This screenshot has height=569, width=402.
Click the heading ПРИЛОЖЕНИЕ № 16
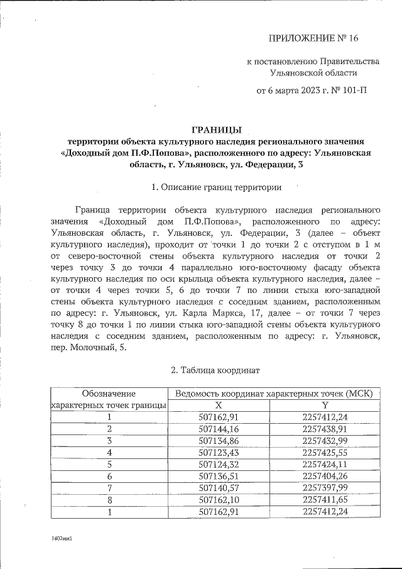pos(313,38)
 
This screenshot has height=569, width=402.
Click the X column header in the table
pos(219,405)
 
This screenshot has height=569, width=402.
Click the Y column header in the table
pos(325,405)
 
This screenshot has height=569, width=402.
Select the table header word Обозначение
pos(109,394)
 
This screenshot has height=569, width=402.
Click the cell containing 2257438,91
pos(325,428)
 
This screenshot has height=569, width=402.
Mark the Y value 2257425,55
pos(325,452)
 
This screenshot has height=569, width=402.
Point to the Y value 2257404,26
pos(325,476)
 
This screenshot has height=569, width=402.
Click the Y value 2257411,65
pos(325,499)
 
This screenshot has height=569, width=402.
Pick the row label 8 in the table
pos(109,499)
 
